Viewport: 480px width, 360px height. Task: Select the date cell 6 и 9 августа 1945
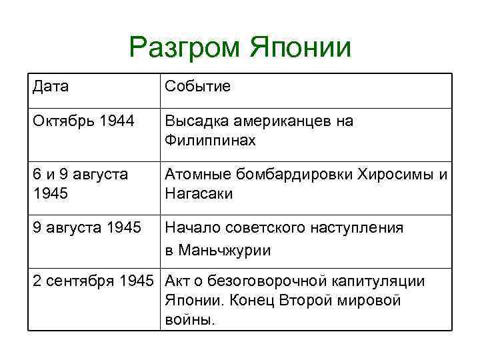pos(79,184)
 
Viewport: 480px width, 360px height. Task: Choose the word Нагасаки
pos(199,193)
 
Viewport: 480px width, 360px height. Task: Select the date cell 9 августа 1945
pos(86,228)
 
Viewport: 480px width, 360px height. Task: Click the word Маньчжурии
pos(218,251)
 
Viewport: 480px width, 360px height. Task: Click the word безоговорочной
pos(261,281)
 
